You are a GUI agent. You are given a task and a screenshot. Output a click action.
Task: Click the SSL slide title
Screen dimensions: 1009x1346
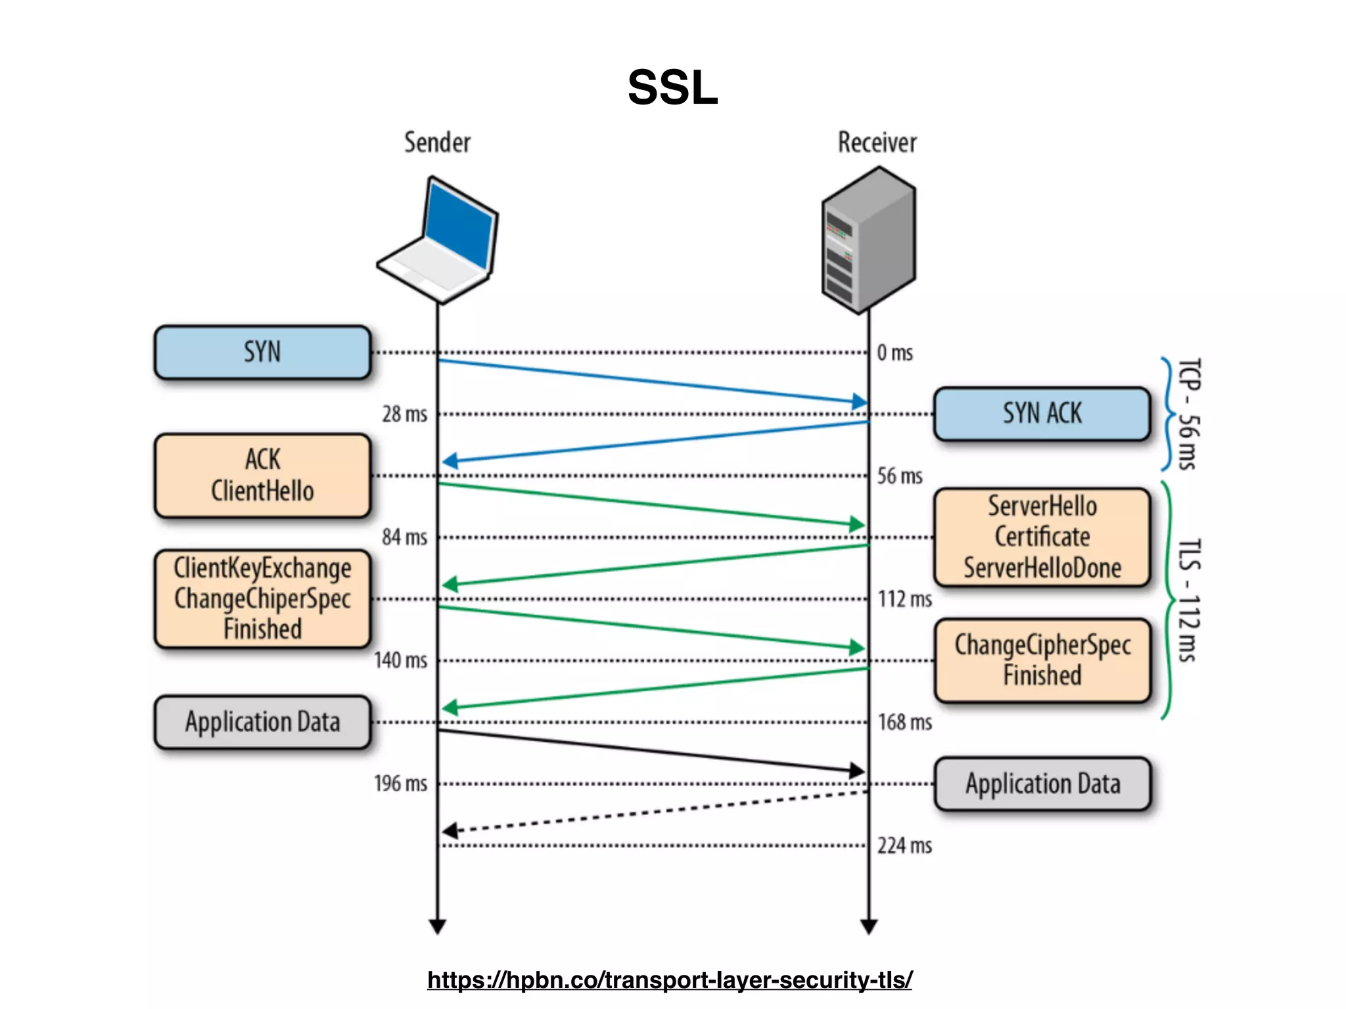pyautogui.click(x=672, y=87)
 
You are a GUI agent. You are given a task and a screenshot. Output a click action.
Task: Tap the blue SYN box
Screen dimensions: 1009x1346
pyautogui.click(x=262, y=352)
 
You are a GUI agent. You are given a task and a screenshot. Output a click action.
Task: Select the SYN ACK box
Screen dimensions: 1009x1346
pyautogui.click(x=1042, y=414)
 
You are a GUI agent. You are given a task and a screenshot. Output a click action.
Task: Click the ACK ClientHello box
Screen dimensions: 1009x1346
pyautogui.click(x=262, y=476)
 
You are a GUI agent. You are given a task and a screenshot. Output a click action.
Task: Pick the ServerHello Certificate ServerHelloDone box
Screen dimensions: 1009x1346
pyautogui.click(x=1042, y=537)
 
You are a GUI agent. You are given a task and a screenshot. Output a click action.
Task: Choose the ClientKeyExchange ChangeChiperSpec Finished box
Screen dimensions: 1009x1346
pyautogui.click(x=262, y=598)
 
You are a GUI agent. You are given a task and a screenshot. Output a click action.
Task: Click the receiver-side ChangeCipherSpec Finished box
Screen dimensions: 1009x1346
pyautogui.click(x=1042, y=660)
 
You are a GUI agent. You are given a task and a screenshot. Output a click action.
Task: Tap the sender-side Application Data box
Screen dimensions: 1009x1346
pyautogui.click(x=262, y=722)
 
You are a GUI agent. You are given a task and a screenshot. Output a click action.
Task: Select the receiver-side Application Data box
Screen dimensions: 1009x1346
pyautogui.click(x=1042, y=784)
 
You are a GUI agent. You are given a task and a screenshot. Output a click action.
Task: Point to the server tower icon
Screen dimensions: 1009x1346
pyautogui.click(x=868, y=240)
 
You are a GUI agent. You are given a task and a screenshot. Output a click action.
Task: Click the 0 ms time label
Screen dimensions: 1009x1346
pyautogui.click(x=894, y=353)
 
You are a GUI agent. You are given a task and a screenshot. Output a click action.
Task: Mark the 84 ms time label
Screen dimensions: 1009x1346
pyautogui.click(x=404, y=537)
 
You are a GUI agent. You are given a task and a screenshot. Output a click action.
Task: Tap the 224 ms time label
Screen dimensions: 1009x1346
pyautogui.click(x=904, y=845)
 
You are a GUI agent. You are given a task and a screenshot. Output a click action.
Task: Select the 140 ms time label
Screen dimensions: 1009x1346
pyautogui.click(x=400, y=660)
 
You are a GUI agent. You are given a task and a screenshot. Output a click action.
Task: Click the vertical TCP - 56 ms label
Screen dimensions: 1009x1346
pyautogui.click(x=1188, y=414)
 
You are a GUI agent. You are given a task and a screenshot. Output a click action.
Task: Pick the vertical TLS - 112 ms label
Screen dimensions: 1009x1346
pyautogui.click(x=1188, y=600)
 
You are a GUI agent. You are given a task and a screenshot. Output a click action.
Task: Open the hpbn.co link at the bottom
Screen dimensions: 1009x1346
pyautogui.click(x=669, y=979)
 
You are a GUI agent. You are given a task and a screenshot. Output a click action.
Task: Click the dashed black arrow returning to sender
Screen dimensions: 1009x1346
pyautogui.click(x=657, y=812)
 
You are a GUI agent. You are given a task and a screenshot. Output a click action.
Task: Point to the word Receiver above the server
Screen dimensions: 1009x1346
pyautogui.click(x=877, y=143)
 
